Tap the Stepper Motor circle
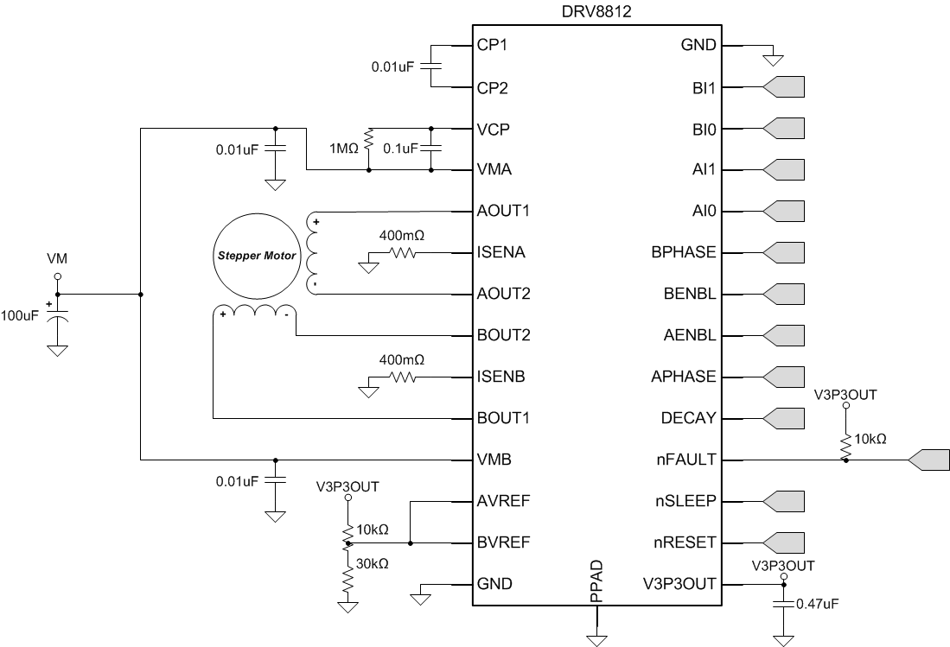point(255,256)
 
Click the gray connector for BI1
point(784,86)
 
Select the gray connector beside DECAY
point(784,418)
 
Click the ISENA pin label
point(501,252)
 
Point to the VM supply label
point(58,258)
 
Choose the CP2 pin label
point(492,87)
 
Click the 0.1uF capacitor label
point(401,149)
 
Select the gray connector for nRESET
point(784,542)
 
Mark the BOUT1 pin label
point(503,418)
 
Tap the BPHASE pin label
point(684,252)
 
